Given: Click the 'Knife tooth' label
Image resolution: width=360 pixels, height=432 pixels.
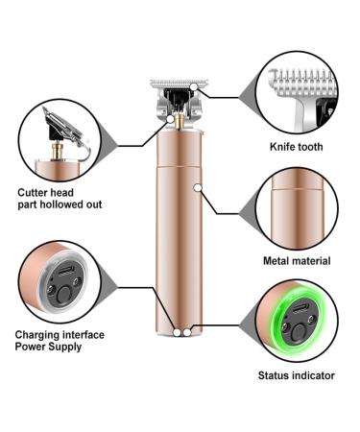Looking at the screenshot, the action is click(x=297, y=147).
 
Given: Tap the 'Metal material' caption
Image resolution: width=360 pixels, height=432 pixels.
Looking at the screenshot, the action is click(x=297, y=261).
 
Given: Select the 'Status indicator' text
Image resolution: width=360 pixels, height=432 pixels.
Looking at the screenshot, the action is click(x=297, y=375).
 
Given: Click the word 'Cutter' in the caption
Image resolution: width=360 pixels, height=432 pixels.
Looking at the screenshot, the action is click(x=33, y=193).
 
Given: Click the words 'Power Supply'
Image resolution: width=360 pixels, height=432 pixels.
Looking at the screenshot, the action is click(x=48, y=347).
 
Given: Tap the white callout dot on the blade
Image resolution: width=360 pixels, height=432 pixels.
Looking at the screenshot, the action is click(x=194, y=86).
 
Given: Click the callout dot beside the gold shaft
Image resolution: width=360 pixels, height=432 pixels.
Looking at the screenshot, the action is click(x=171, y=119).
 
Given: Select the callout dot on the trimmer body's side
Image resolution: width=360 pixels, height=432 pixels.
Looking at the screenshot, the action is click(x=198, y=188).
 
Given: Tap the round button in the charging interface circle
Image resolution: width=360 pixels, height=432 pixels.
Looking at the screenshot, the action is click(x=63, y=294).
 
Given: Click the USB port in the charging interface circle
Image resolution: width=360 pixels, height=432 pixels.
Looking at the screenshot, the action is click(x=66, y=271).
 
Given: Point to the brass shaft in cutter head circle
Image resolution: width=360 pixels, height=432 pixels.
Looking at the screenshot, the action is click(x=59, y=151).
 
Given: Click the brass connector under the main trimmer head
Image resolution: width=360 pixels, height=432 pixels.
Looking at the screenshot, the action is click(x=180, y=120).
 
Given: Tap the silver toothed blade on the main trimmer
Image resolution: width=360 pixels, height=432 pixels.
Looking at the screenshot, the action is click(x=180, y=84).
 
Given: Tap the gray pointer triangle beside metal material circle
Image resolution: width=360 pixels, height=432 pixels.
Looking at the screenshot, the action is click(x=249, y=213).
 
